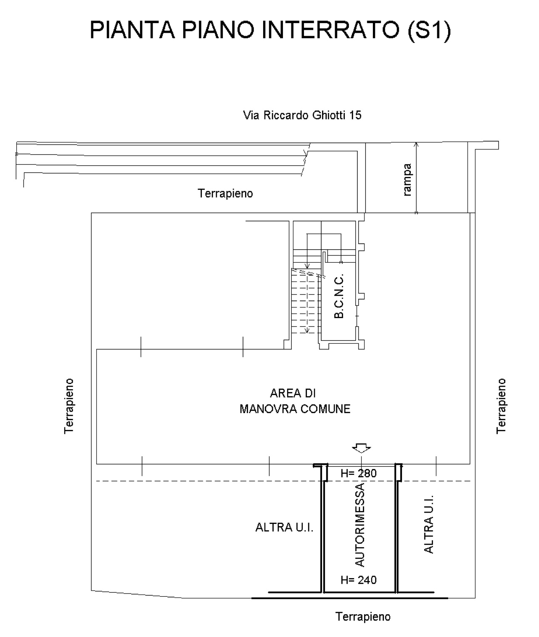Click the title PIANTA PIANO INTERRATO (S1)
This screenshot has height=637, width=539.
270,30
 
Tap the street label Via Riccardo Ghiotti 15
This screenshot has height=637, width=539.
302,115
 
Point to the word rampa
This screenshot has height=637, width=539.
407,179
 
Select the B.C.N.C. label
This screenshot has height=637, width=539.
339,296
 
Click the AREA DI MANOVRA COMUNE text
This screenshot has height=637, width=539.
295,401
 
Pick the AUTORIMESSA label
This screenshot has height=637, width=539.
360,525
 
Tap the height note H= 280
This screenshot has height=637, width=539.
358,473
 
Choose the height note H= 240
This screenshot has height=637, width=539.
358,580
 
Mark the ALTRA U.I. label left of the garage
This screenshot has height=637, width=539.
284,527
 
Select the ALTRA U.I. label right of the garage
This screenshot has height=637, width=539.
428,524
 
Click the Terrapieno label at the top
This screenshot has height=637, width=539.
225,193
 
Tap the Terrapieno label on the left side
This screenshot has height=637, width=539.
69,406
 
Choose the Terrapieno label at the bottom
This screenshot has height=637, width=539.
363,617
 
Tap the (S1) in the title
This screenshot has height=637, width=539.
429,30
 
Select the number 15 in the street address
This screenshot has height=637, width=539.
355,115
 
